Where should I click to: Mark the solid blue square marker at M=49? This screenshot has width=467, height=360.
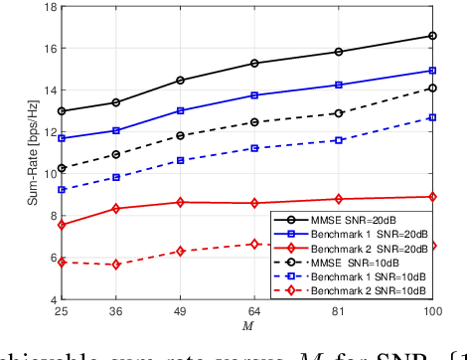click(180, 110)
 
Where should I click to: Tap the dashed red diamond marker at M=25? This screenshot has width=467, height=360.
click(62, 262)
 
